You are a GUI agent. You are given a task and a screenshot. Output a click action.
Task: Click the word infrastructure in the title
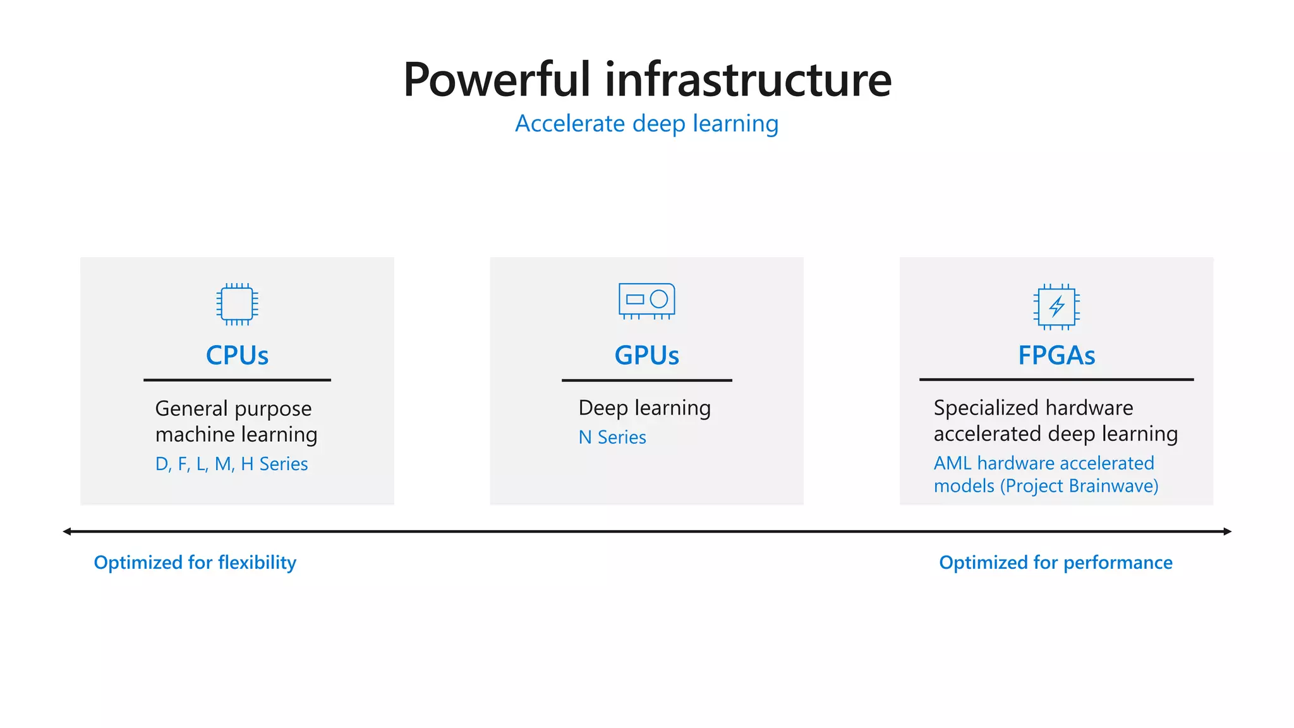748,80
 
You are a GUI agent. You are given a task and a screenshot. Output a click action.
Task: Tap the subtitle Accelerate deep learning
646,124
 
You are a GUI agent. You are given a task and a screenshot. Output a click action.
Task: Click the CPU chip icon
237,304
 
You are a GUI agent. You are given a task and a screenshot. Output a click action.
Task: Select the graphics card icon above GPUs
646,300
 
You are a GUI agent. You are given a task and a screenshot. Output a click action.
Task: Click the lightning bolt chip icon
1056,307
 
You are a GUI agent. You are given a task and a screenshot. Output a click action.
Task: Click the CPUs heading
237,356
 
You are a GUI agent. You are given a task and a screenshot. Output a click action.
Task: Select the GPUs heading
646,356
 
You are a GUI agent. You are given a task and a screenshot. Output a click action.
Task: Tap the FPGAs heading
1056,356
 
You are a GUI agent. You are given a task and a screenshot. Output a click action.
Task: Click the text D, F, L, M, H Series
231,464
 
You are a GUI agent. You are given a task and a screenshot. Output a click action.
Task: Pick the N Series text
612,437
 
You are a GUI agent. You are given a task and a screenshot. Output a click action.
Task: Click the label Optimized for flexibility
195,562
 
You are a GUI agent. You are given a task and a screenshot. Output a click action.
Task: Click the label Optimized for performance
1055,562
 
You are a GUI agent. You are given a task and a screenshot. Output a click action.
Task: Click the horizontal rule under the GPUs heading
646,380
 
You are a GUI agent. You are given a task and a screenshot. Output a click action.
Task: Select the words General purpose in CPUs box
233,409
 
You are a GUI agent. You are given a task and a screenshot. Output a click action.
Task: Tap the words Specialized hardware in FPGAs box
1033,408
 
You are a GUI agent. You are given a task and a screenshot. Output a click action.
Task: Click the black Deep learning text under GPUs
644,408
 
